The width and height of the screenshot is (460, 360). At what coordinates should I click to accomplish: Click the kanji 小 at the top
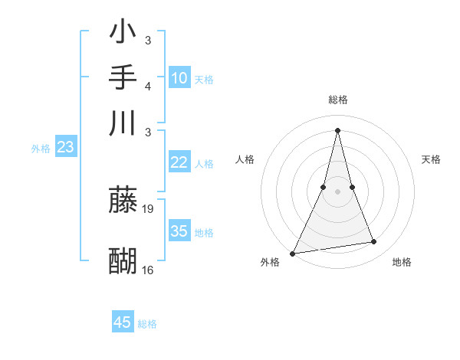point(123,34)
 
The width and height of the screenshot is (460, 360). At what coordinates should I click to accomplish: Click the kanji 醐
point(123,261)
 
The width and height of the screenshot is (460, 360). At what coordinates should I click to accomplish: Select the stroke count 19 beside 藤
point(149,208)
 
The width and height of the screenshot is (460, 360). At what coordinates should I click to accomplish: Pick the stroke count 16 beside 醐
point(148,270)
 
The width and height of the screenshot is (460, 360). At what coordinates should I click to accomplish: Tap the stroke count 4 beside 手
point(147,86)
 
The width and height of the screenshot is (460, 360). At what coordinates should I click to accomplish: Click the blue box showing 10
point(179,78)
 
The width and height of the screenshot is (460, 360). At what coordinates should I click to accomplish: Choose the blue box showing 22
point(179,162)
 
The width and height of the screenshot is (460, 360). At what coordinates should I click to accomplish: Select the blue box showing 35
point(179,231)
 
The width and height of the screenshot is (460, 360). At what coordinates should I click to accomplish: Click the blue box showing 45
point(123,322)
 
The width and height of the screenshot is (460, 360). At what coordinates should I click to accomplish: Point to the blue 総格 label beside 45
point(147,324)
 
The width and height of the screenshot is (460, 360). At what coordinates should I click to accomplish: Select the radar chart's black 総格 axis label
point(338,100)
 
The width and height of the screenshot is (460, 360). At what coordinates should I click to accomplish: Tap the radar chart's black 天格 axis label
point(432,159)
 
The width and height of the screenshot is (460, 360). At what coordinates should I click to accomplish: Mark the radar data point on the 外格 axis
point(293,253)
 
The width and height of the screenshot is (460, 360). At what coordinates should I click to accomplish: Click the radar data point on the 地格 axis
point(374,242)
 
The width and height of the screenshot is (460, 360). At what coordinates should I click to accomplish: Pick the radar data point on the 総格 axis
point(338,129)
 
